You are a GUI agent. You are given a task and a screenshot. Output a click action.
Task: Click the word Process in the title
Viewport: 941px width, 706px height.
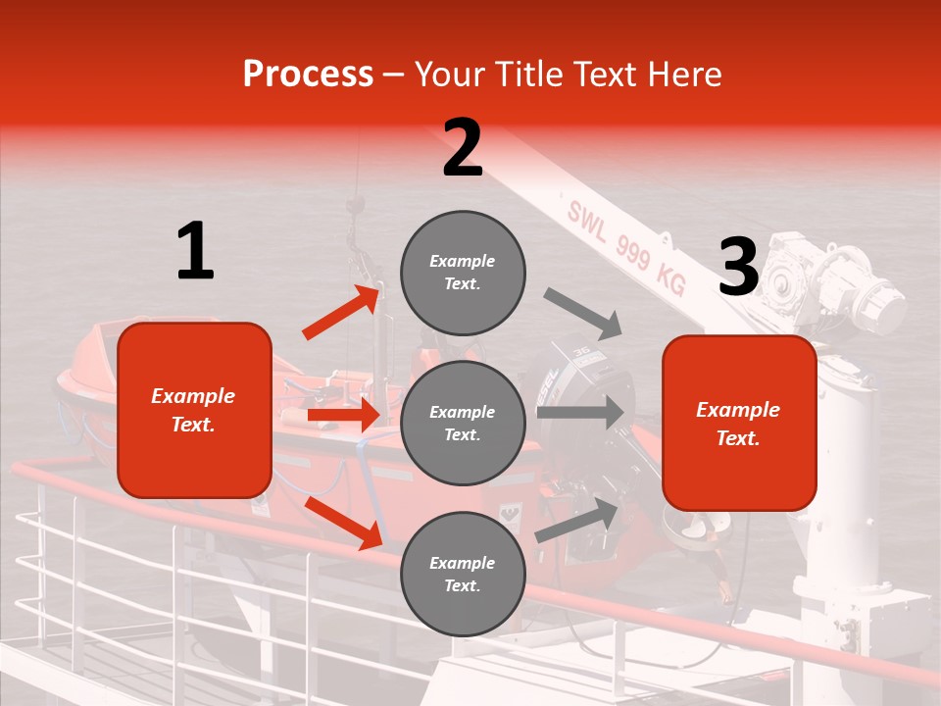pyautogui.click(x=308, y=74)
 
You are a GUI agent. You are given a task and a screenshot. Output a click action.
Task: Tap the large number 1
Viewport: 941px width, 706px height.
pyautogui.click(x=195, y=251)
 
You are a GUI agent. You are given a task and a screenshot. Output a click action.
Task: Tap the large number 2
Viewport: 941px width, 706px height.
pyautogui.click(x=463, y=148)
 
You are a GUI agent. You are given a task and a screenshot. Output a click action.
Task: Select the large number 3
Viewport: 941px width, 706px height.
pyautogui.click(x=739, y=267)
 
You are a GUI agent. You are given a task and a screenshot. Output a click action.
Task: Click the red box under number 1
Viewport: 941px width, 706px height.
pyautogui.click(x=194, y=410)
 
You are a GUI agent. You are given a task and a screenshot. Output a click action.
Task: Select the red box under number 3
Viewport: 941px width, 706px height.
pyautogui.click(x=739, y=424)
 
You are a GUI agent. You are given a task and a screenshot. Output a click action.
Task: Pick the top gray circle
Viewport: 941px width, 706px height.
pyautogui.click(x=463, y=273)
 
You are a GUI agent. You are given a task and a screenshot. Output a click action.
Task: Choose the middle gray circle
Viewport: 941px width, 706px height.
pyautogui.click(x=463, y=423)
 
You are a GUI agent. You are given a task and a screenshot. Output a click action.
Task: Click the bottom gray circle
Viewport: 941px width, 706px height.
pyautogui.click(x=463, y=574)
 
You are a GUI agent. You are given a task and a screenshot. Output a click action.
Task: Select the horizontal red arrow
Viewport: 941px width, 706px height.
pyautogui.click(x=343, y=415)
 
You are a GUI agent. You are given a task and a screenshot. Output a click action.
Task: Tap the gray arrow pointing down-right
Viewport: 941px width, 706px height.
pyautogui.click(x=583, y=313)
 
